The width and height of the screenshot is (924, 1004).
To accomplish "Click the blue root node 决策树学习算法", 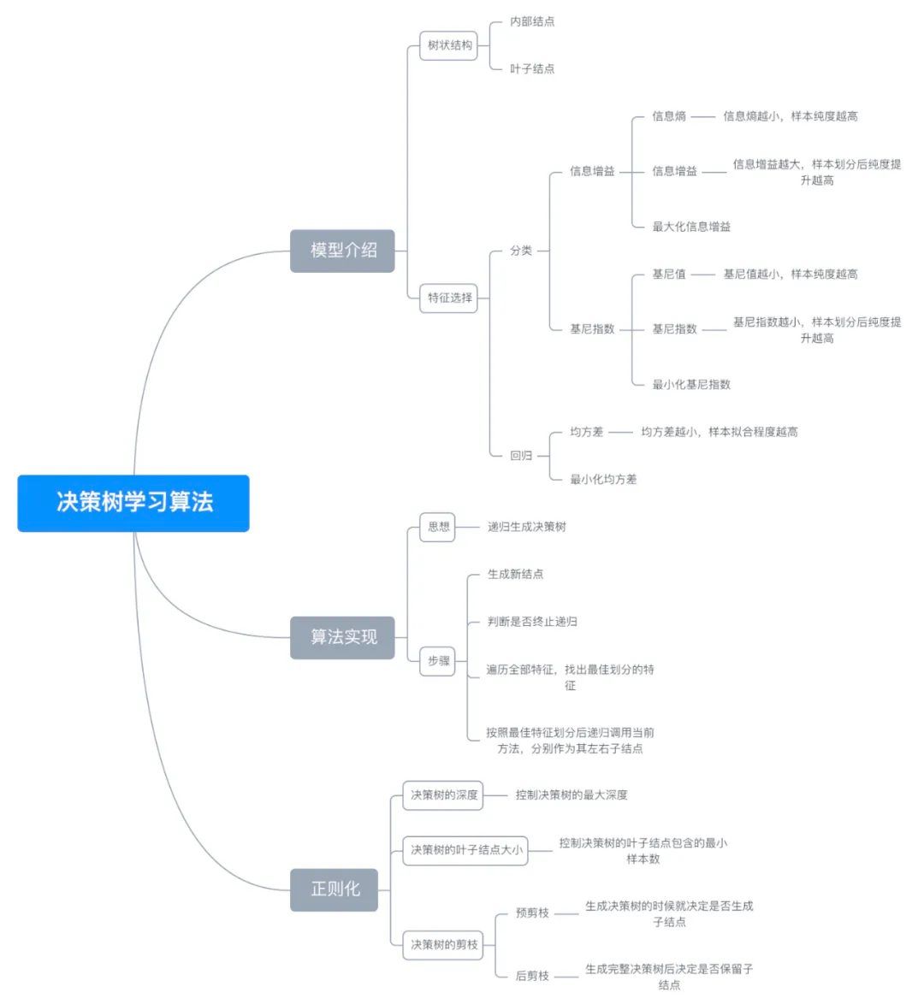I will (133, 503).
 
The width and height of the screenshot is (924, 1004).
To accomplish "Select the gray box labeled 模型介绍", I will (342, 251).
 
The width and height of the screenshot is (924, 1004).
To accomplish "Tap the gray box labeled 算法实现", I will (342, 637).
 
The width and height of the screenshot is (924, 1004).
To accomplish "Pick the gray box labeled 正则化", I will (335, 889).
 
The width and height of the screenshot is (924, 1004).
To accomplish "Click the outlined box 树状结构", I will (449, 45).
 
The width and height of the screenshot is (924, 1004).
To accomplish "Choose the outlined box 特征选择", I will (449, 298).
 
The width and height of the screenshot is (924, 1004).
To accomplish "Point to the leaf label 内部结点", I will (532, 21).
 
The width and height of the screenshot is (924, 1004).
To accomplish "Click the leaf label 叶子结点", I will (532, 68).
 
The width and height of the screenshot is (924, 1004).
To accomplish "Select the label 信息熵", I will (669, 116).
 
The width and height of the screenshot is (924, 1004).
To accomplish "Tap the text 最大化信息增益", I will (691, 227).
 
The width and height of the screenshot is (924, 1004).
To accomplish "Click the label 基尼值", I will (669, 275).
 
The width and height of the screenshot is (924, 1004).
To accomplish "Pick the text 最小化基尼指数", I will (691, 385).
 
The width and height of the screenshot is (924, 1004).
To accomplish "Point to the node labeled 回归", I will (521, 456).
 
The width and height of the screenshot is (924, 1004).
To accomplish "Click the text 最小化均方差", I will (603, 480).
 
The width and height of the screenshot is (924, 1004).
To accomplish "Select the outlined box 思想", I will (439, 527).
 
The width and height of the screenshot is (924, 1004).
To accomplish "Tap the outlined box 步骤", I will (439, 661).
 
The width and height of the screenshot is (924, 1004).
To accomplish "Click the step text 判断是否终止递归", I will (532, 622).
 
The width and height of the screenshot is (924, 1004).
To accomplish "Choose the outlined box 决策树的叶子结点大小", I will (466, 850).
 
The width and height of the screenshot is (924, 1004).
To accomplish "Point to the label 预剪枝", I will (532, 913).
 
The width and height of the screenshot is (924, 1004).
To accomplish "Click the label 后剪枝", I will (532, 976).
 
